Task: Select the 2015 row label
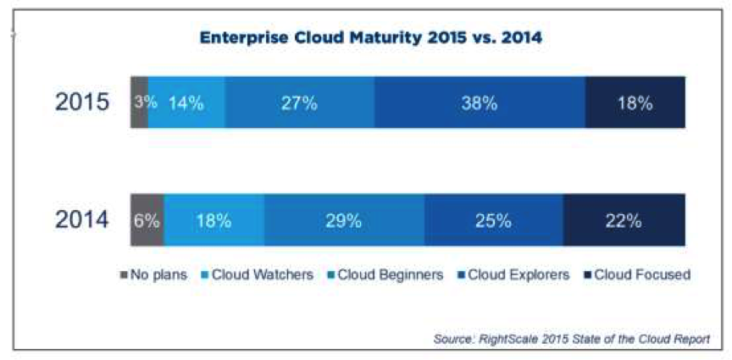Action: pos(82,103)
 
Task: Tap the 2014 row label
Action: pos(82,220)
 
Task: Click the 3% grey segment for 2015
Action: pos(139,102)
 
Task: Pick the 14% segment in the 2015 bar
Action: pos(186,102)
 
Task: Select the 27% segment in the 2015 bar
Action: pos(299,102)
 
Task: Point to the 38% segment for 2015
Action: pos(480,102)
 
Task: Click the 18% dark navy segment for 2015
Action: pos(635,102)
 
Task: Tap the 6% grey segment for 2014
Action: pos(147,220)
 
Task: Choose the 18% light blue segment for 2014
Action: pos(213,220)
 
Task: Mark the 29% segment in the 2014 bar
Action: pos(344,220)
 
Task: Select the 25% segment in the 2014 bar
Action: pos(493,220)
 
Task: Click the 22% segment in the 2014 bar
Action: pos(624,220)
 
